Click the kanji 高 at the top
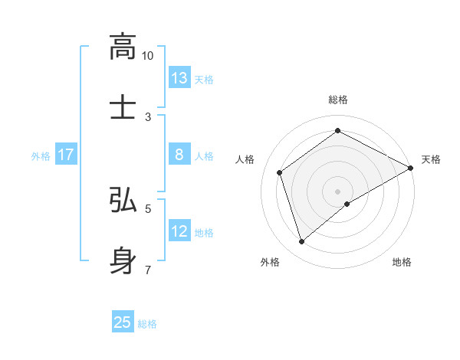click(x=123, y=47)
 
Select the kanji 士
click(x=123, y=107)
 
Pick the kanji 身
click(x=123, y=259)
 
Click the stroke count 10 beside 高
click(x=148, y=56)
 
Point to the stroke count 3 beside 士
click(x=148, y=116)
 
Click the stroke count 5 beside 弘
click(x=148, y=208)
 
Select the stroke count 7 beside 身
click(x=148, y=268)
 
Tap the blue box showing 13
click(x=179, y=78)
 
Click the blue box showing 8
click(x=179, y=155)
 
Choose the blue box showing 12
click(x=179, y=231)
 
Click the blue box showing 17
click(x=66, y=155)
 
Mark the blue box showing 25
click(x=123, y=322)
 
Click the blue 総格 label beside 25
click(x=147, y=324)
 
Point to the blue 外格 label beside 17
click(x=41, y=156)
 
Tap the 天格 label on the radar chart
click(x=431, y=159)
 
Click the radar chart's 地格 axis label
click(x=402, y=262)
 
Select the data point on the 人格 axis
click(x=280, y=172)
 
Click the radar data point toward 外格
click(x=302, y=242)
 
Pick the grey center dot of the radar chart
click(x=337, y=191)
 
